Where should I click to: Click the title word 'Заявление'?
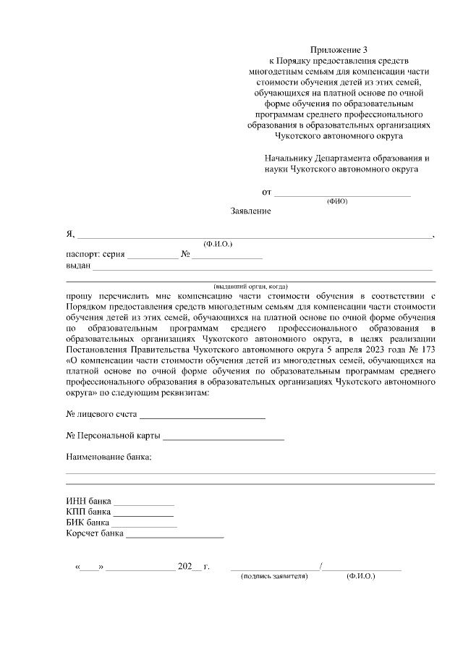[250, 211]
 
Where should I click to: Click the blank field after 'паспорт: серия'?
[152, 255]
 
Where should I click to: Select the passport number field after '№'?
[226, 255]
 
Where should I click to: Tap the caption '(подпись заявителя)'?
[274, 577]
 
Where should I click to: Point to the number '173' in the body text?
[428, 348]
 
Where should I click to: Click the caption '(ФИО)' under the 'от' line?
[337, 201]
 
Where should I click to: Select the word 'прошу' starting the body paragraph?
[80, 296]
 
